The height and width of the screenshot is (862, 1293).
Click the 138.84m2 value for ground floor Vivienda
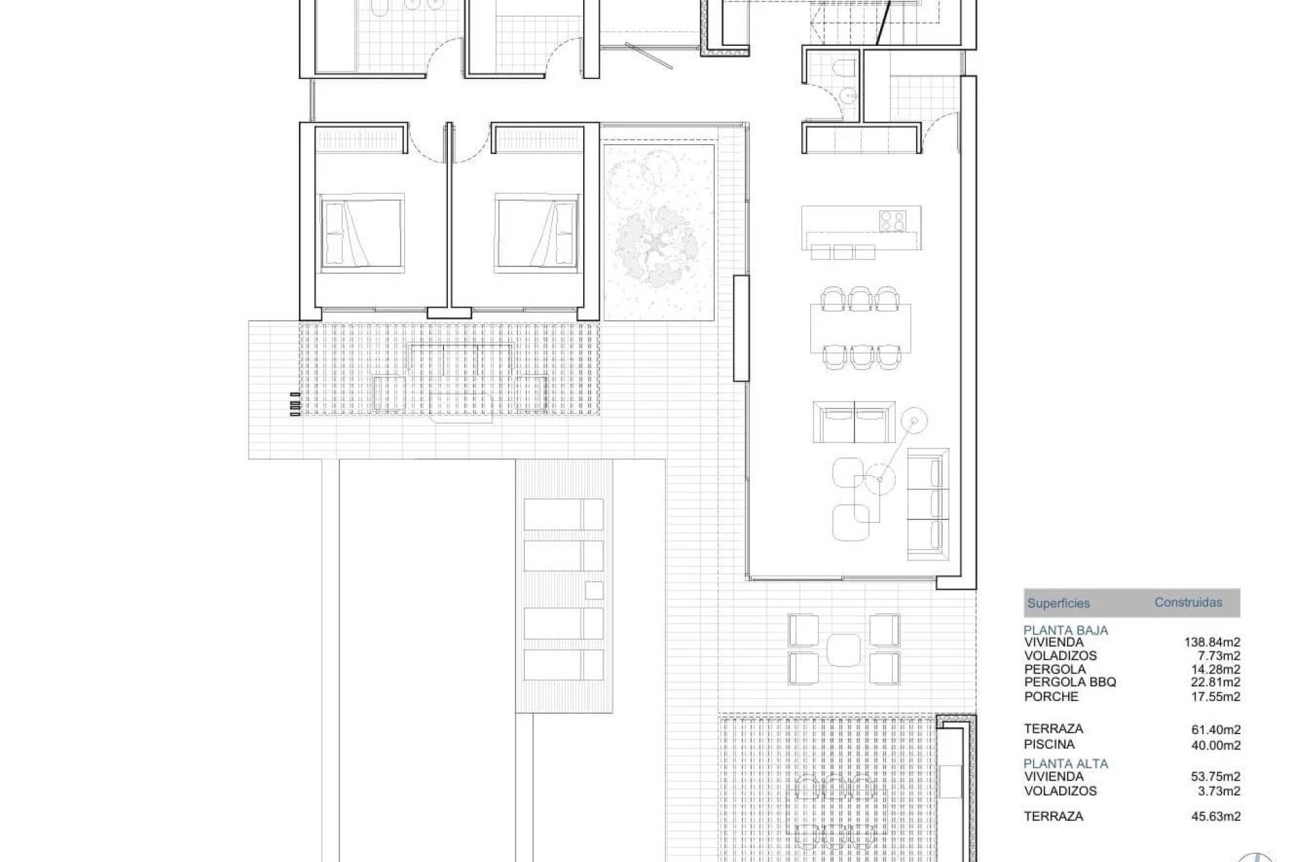pos(1212,642)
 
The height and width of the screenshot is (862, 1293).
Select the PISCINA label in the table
pos(1049,744)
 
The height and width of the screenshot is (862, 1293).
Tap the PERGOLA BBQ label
pos(1070,682)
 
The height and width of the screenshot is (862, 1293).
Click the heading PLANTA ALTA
pos(1065,764)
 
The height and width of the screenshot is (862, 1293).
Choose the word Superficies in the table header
pos(1058,603)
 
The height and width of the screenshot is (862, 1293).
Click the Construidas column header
pos(1188,603)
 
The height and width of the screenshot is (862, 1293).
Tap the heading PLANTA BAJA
pos(1065,631)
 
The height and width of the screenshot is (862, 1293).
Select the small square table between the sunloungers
pos(593,590)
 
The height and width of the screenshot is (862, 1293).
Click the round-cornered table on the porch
pos(844,649)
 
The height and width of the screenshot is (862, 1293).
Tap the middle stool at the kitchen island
pos(844,252)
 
